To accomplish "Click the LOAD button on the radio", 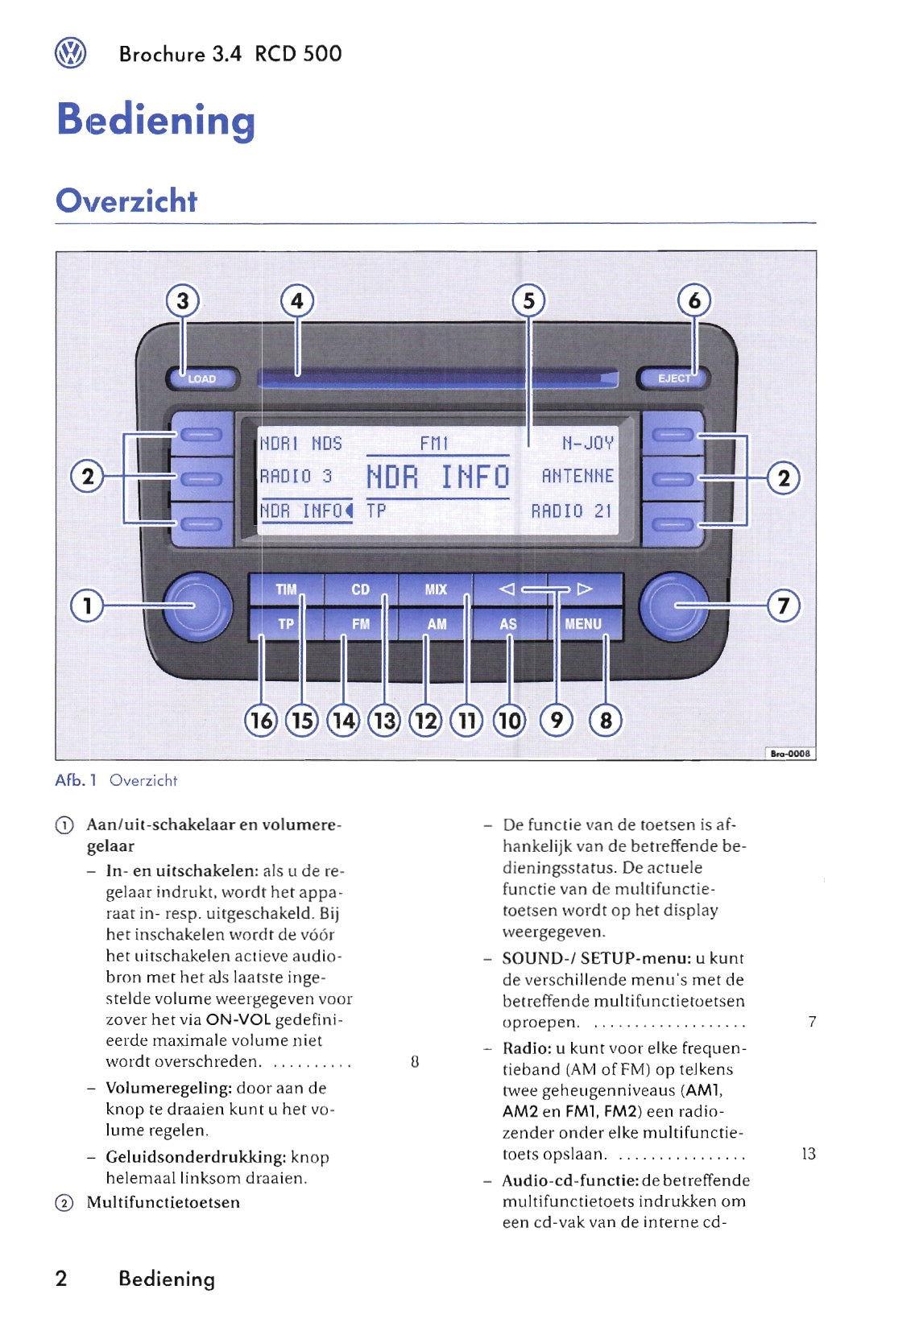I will [x=203, y=378].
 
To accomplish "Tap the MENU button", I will [x=583, y=624].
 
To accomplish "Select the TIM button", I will [x=285, y=589].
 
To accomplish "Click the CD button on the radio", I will [x=360, y=589].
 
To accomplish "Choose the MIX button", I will [x=436, y=589].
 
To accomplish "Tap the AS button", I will [x=508, y=624].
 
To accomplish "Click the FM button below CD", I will [x=360, y=624].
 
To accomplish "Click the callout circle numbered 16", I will [x=261, y=720].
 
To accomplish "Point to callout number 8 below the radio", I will [x=606, y=720].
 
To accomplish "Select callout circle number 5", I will [x=528, y=301].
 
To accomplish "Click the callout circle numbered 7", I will [x=784, y=605].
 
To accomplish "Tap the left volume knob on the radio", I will [x=197, y=606].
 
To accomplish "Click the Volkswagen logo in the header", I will [x=70, y=54].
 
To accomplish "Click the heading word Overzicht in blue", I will [x=126, y=200].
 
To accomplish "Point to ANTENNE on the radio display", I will [x=577, y=477].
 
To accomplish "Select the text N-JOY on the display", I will [x=587, y=443].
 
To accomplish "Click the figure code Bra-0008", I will [x=790, y=754].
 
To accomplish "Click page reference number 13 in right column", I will [x=809, y=1154].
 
